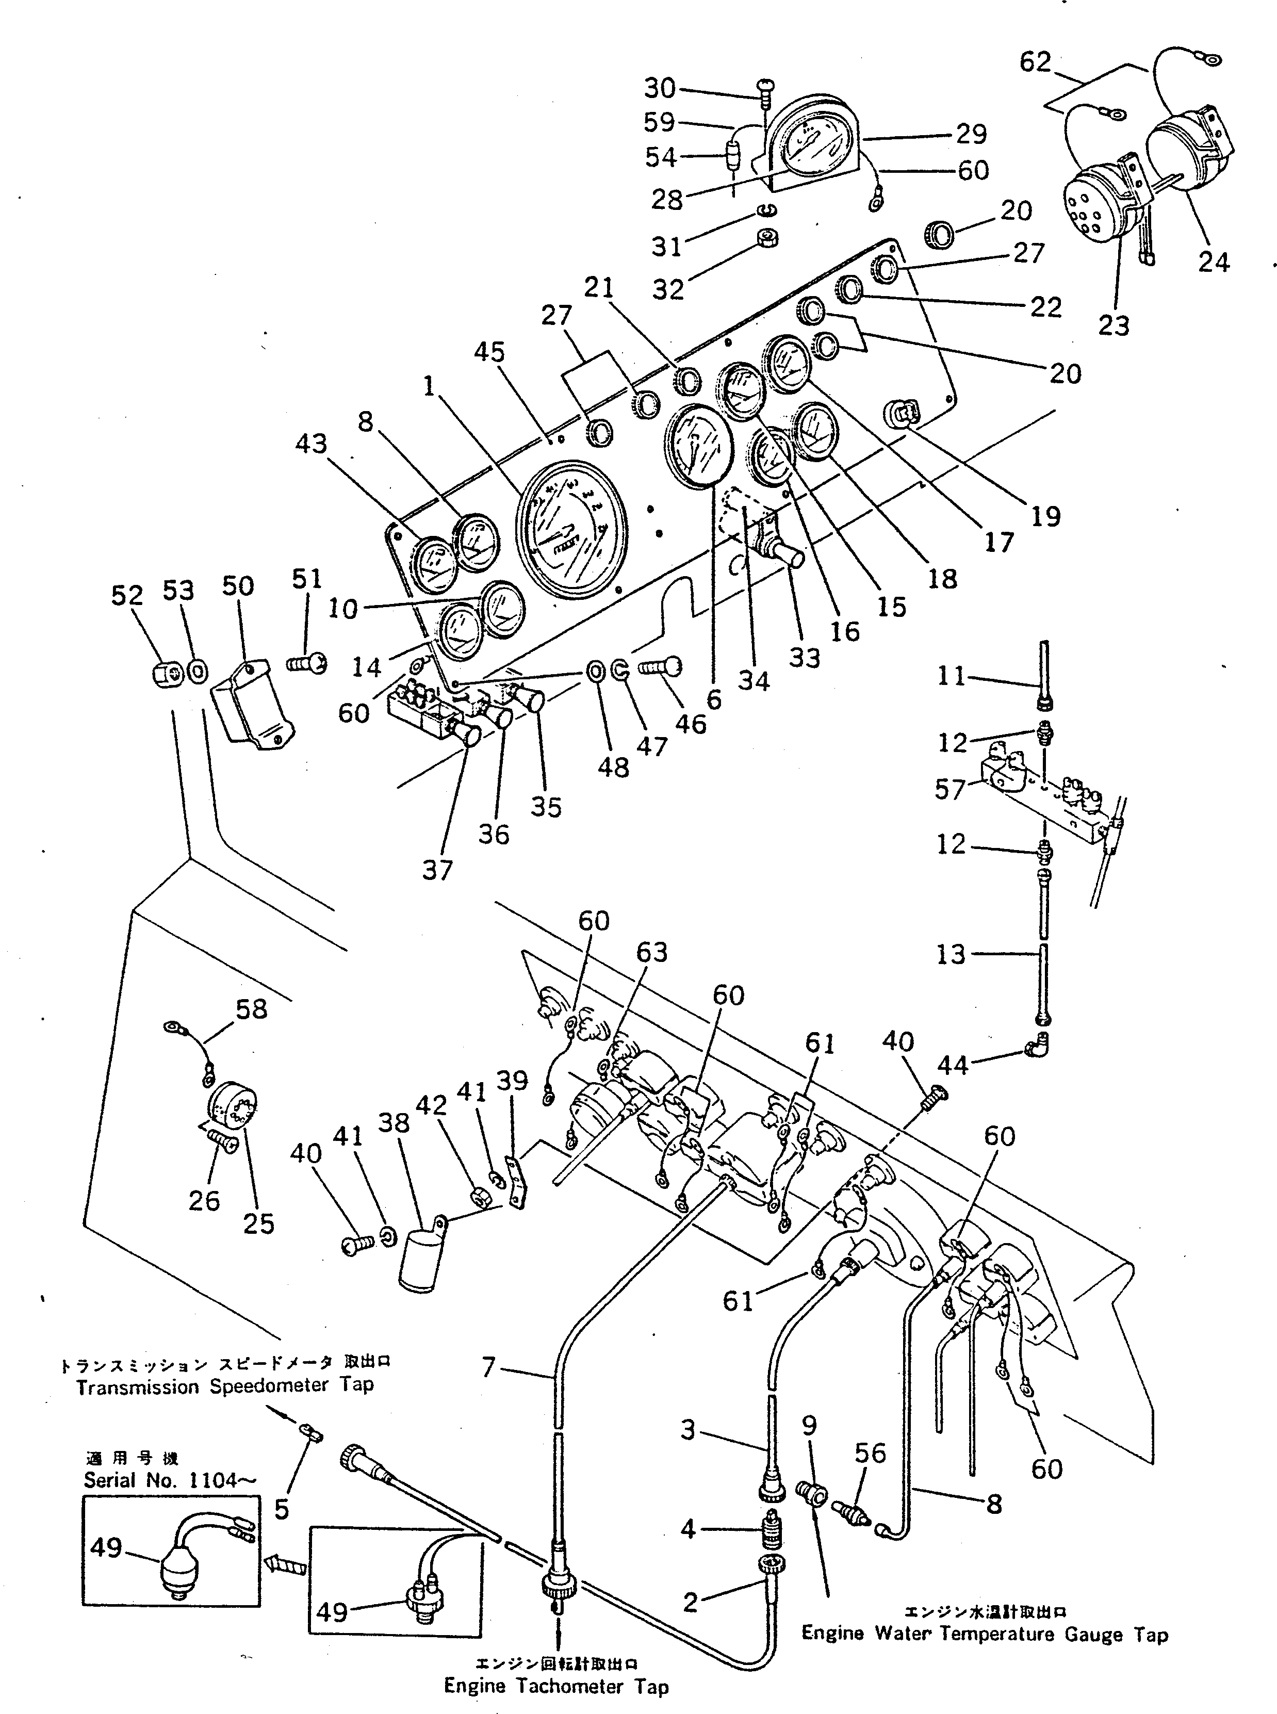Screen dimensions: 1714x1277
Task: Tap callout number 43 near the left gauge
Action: (x=312, y=444)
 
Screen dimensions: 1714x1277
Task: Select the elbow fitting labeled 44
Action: (x=1036, y=1045)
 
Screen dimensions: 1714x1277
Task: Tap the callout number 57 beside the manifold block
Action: (x=950, y=789)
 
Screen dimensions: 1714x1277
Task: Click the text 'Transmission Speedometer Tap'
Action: (x=224, y=1407)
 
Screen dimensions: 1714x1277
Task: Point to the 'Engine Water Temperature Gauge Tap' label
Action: (x=984, y=1634)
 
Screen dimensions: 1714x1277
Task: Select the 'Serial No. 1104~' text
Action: (x=171, y=1480)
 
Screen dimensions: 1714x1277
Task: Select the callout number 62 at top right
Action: (x=1035, y=62)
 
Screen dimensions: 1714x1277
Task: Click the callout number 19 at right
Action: (x=1045, y=516)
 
